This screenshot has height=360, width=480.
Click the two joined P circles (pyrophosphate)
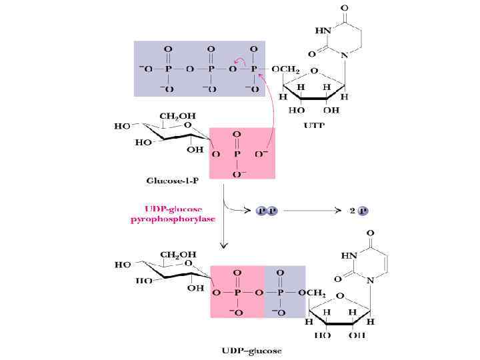click(x=267, y=211)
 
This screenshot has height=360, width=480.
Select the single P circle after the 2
click(x=363, y=211)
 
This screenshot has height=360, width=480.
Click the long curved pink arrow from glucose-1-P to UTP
click(x=273, y=113)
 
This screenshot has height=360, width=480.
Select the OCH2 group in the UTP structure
click(x=285, y=69)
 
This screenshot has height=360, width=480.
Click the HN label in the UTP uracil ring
click(x=323, y=31)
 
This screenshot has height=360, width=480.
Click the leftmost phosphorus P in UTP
click(x=167, y=69)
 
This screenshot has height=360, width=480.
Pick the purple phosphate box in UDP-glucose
click(x=285, y=291)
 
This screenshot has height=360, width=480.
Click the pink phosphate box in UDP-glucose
click(x=237, y=291)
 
